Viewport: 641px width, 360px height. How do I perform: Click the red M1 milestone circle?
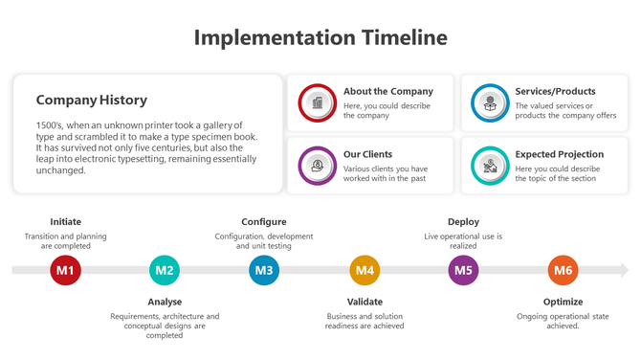(x=65, y=271)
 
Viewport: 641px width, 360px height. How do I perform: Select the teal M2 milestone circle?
(x=165, y=271)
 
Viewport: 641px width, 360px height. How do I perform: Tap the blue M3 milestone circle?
(x=264, y=271)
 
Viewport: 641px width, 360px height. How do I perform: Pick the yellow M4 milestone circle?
(x=365, y=271)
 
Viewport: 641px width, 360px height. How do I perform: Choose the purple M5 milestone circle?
(x=464, y=271)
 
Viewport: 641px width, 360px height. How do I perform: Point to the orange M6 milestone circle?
(x=564, y=271)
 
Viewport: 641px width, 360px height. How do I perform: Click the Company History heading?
(x=91, y=100)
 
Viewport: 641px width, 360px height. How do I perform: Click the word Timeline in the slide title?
(x=403, y=37)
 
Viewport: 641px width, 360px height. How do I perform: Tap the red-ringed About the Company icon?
(x=317, y=102)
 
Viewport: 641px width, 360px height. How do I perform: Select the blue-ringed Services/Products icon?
(x=490, y=102)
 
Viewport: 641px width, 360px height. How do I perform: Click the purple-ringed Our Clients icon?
(x=317, y=165)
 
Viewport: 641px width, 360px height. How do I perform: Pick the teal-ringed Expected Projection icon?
(x=490, y=165)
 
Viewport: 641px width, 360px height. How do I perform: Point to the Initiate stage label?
(x=65, y=222)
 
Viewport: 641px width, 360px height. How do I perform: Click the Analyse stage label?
(x=165, y=303)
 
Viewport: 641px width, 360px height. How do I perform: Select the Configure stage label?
(x=264, y=222)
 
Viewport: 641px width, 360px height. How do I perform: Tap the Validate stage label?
(x=365, y=303)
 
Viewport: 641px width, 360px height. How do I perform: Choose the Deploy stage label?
(x=464, y=222)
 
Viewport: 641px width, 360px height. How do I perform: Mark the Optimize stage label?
(x=563, y=303)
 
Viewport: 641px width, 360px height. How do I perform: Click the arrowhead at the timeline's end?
(x=624, y=271)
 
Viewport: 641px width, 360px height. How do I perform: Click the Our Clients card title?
(x=367, y=154)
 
